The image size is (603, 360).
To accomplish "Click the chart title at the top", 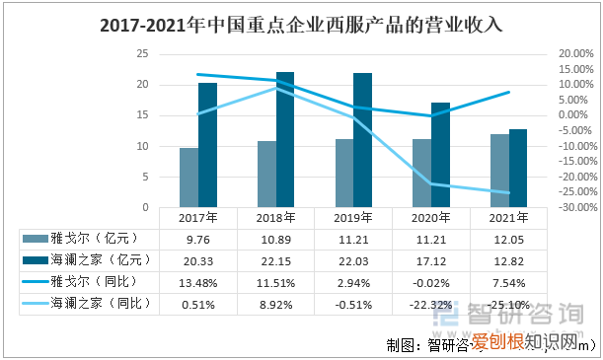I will click(x=301, y=27).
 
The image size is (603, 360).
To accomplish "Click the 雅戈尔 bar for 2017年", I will click(x=188, y=178).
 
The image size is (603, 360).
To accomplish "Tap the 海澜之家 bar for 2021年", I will click(x=518, y=168).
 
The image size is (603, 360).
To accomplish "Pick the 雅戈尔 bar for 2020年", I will click(x=421, y=173).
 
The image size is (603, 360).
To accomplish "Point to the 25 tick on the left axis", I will click(x=142, y=53).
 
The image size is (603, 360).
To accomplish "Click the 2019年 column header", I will click(x=353, y=217).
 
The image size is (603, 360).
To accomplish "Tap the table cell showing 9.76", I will click(x=197, y=238).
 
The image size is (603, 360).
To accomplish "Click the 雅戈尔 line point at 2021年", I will click(x=508, y=92).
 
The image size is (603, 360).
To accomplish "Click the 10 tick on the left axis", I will click(x=142, y=146).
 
